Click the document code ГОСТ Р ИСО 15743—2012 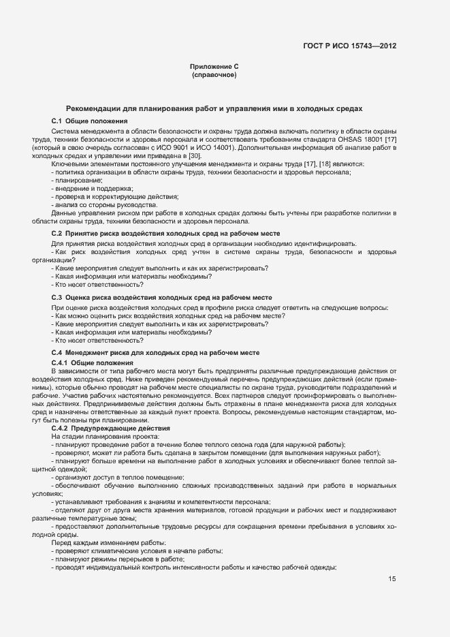coord(349,46)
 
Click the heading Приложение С coord(214,66)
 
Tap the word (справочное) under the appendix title coord(214,74)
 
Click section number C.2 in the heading coord(57,234)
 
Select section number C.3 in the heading coord(57,298)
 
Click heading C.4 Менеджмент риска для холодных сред coord(155,353)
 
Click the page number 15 coord(391,579)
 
